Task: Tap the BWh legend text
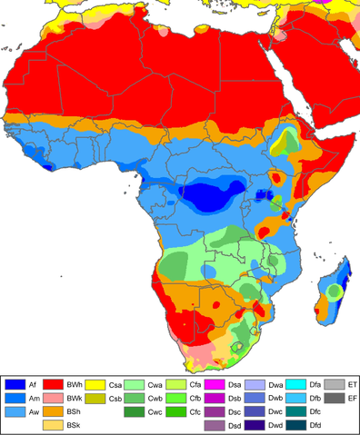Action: click(74, 386)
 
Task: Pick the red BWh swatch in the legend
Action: click(55, 386)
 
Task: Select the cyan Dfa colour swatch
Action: click(297, 386)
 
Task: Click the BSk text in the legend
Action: click(74, 425)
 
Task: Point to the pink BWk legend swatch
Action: click(55, 399)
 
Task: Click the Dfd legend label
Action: click(315, 425)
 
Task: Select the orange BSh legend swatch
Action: click(55, 411)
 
